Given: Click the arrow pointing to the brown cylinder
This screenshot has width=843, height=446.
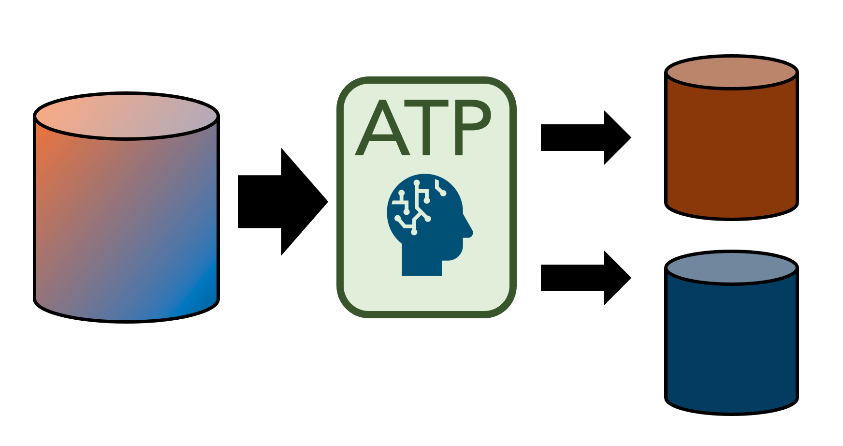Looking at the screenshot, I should [x=585, y=137].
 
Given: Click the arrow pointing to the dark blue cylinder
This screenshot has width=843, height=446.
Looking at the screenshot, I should [x=585, y=278].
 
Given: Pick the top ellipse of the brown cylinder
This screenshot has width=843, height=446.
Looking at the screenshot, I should [x=731, y=73].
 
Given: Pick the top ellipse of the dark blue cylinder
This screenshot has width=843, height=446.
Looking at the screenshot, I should [x=731, y=268].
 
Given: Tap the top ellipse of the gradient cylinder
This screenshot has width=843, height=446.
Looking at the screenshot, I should [x=126, y=116].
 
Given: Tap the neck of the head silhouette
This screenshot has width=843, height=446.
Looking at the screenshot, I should [x=421, y=266].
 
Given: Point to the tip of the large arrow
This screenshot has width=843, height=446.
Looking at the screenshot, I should [x=326, y=201].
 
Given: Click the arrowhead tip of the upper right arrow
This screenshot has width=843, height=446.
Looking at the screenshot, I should [x=629, y=137].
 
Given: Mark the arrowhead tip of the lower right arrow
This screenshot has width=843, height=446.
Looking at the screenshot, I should [x=629, y=278].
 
